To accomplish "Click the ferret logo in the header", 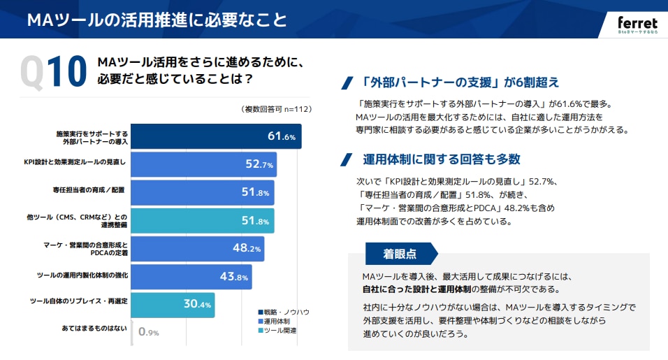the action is [x=637, y=24].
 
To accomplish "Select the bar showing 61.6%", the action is [x=216, y=136].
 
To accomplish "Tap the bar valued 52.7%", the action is [x=203, y=164].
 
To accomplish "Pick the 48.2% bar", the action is [x=197, y=249].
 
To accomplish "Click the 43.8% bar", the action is [x=191, y=277].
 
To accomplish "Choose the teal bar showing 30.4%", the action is [x=173, y=305].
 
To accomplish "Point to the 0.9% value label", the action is [x=149, y=332].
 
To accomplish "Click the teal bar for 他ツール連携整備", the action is [x=203, y=221].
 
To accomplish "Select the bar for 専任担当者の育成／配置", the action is [x=203, y=192].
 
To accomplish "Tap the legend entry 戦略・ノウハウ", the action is [x=284, y=312].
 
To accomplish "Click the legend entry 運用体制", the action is [x=274, y=322].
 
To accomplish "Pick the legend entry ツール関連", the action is [x=277, y=331].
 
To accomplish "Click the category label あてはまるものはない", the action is [x=94, y=328].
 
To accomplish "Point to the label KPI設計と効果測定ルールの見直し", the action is [x=75, y=162].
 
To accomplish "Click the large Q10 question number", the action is [x=53, y=72].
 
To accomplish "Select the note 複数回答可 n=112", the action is [x=277, y=109].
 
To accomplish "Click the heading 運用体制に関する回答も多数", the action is [x=442, y=159].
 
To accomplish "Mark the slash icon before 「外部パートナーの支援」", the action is [x=347, y=82].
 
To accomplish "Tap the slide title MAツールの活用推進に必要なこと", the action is [x=157, y=20].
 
